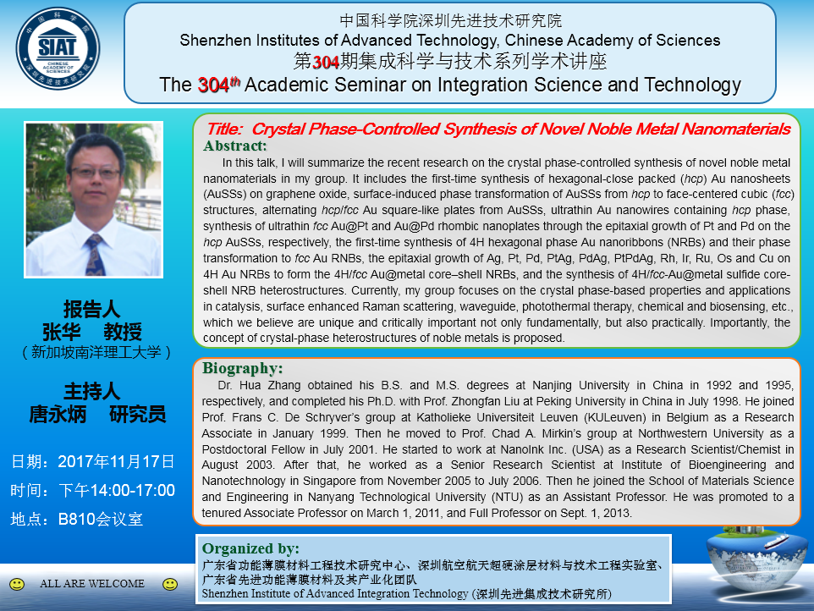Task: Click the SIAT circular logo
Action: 58,49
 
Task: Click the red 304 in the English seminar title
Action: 213,85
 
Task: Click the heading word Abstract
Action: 235,146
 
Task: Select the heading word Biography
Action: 243,368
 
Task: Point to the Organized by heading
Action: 250,548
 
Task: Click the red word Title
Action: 224,129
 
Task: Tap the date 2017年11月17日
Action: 116,461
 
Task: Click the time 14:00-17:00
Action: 132,490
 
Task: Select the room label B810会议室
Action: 100,519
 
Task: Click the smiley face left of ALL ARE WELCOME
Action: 17,584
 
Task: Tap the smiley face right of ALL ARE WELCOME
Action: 170,584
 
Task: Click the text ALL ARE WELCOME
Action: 92,583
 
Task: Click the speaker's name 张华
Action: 61,332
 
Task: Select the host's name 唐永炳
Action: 58,415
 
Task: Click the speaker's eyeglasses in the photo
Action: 96,173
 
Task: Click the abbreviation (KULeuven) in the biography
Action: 615,417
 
